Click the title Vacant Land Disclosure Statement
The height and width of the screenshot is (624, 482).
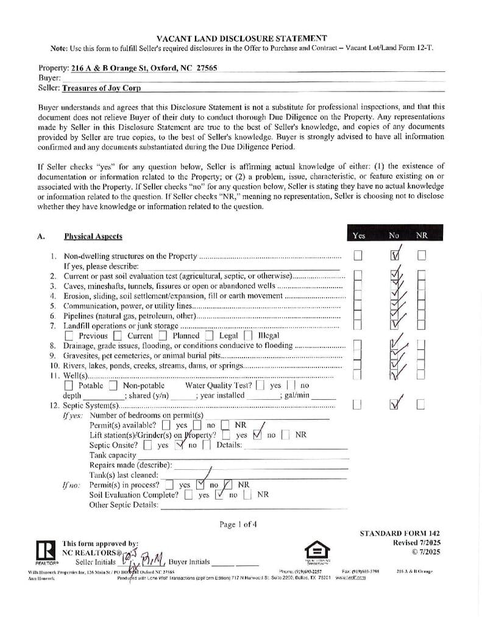click(241, 38)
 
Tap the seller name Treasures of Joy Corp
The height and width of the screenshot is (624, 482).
click(101, 88)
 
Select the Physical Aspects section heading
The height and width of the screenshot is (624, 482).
click(93, 236)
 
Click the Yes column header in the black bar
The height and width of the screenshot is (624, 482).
click(359, 235)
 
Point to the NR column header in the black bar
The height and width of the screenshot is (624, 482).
click(422, 235)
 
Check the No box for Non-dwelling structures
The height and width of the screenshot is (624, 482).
click(395, 255)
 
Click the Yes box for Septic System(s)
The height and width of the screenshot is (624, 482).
click(358, 404)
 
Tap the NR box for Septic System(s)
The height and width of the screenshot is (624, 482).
click(421, 404)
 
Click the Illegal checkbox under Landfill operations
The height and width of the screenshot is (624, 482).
click(248, 335)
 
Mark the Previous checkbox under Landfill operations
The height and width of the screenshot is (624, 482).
click(69, 336)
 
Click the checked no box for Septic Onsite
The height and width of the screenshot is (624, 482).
click(180, 445)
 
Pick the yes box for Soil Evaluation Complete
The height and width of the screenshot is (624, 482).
click(189, 495)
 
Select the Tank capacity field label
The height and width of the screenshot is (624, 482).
click(113, 455)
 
